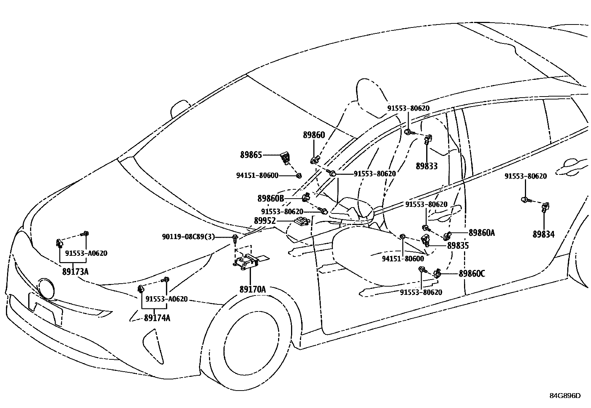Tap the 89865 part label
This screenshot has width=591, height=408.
(251, 155)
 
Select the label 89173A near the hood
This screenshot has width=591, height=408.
(75, 272)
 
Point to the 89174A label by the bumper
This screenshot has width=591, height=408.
(157, 318)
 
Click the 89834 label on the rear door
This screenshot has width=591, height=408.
(543, 235)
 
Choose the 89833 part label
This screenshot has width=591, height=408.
(427, 166)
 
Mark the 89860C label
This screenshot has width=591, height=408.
(472, 274)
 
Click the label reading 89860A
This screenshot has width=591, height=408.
(481, 233)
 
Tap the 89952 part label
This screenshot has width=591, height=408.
(265, 221)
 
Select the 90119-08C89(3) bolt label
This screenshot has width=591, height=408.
(188, 236)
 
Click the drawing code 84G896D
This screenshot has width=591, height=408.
(565, 395)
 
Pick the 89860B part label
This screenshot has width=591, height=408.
(271, 199)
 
